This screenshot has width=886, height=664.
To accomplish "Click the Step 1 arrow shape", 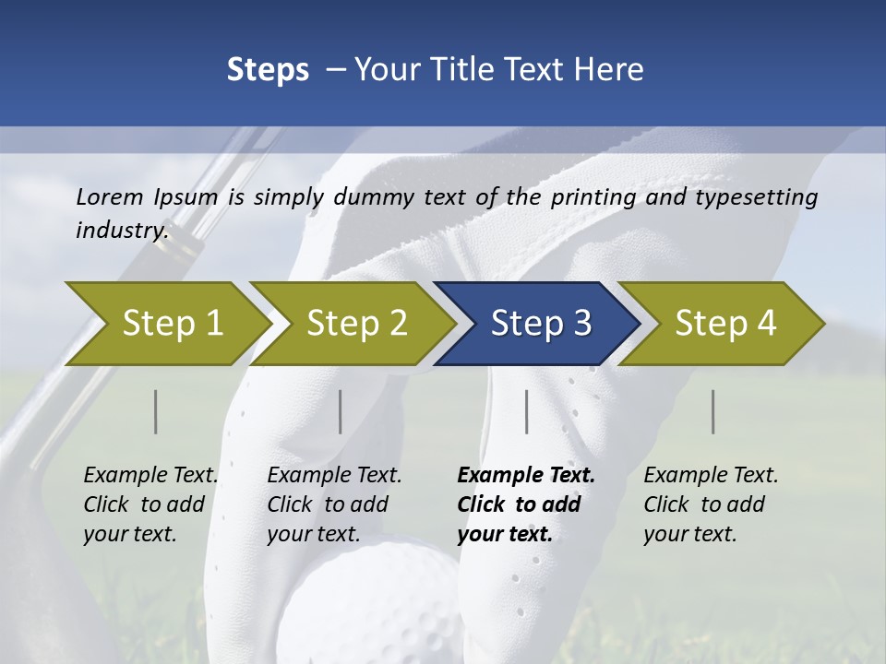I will pyautogui.click(x=166, y=324).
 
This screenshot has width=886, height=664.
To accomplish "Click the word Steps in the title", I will pyautogui.click(x=268, y=70).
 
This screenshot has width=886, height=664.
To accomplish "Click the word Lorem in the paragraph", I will pyautogui.click(x=110, y=196).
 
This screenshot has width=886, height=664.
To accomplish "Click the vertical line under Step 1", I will pyautogui.click(x=156, y=411).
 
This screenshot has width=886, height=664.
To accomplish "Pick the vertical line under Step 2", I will pyautogui.click(x=341, y=411).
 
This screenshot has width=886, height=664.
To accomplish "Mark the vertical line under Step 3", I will pyautogui.click(x=527, y=411).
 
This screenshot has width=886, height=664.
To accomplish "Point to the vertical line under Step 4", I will pyautogui.click(x=713, y=411).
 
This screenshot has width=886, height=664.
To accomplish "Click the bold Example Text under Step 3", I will pyautogui.click(x=526, y=476).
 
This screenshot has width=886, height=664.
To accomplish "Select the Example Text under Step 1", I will pyautogui.click(x=151, y=476).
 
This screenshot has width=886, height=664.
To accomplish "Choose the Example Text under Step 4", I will pyautogui.click(x=711, y=476).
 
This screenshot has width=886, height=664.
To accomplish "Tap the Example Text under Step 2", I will pyautogui.click(x=335, y=476).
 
